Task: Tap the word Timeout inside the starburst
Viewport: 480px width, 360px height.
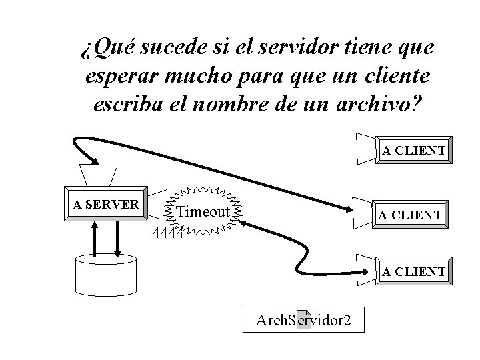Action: coord(203,212)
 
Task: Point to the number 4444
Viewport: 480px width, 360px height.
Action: coord(167,233)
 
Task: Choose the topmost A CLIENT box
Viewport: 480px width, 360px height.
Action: coord(413,151)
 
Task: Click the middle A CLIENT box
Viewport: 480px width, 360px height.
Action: coord(409,214)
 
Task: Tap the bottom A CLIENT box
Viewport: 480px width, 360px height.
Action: coord(413,271)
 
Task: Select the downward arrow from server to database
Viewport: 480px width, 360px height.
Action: coord(117,239)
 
